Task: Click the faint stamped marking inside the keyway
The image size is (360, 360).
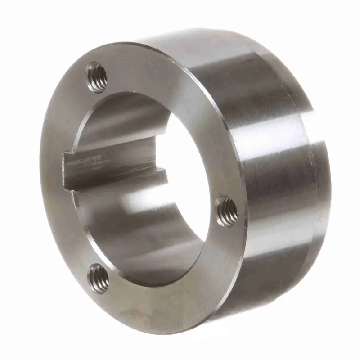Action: (x=97, y=158)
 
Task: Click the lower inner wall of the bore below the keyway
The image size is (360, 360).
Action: (x=135, y=238)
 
